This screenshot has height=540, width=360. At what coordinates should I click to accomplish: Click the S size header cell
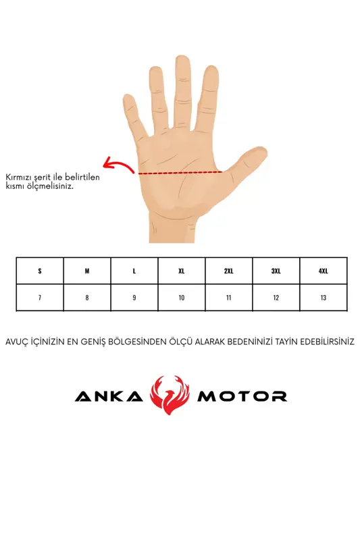point(40,271)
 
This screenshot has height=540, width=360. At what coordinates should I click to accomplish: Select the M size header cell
point(87,271)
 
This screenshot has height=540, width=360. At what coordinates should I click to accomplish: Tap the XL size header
point(182,271)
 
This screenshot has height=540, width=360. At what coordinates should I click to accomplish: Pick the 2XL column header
point(229,271)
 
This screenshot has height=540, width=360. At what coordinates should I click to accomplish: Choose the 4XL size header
point(323,271)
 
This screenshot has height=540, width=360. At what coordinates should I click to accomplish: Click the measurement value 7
point(40,298)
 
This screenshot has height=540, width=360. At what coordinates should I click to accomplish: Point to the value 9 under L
point(134,298)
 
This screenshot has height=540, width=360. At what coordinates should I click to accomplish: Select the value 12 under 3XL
point(276,298)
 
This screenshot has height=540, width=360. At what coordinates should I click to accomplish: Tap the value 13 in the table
point(323,298)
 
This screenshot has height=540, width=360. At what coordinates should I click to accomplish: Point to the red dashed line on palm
point(180,172)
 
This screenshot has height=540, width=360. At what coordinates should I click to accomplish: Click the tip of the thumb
point(262,151)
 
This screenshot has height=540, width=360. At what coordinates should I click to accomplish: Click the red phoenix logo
point(170,395)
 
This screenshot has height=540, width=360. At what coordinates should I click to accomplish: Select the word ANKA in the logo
point(109,396)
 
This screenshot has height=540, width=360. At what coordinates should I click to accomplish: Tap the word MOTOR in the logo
point(242,396)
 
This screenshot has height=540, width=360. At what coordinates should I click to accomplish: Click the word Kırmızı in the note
point(18,178)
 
